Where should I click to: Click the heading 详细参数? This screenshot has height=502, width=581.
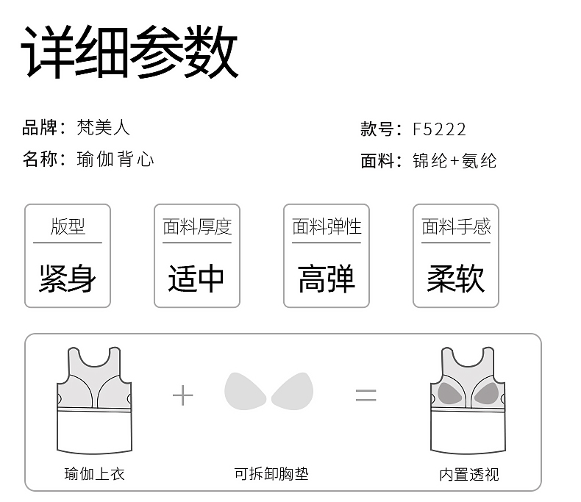tap(130, 53)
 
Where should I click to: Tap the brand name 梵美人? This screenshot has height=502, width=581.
tap(103, 127)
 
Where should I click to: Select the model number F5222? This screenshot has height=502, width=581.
tap(439, 129)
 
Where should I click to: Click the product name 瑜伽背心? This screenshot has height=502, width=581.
tap(115, 159)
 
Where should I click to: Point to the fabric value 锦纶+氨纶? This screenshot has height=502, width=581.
tap(455, 161)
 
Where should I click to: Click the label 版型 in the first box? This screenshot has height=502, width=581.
tap(68, 226)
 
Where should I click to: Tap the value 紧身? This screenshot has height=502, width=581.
tap(68, 279)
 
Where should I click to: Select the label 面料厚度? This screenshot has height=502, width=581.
tap(197, 226)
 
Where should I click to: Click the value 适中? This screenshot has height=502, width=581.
tap(196, 279)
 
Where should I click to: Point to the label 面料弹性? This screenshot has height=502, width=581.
tap(327, 226)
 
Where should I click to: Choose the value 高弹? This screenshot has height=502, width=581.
tap(327, 279)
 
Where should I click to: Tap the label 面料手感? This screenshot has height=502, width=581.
tap(456, 226)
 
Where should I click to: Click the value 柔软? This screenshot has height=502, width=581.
tap(456, 279)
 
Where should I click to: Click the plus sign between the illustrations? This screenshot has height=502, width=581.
tap(182, 395)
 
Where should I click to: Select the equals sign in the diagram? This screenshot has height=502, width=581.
tap(366, 395)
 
